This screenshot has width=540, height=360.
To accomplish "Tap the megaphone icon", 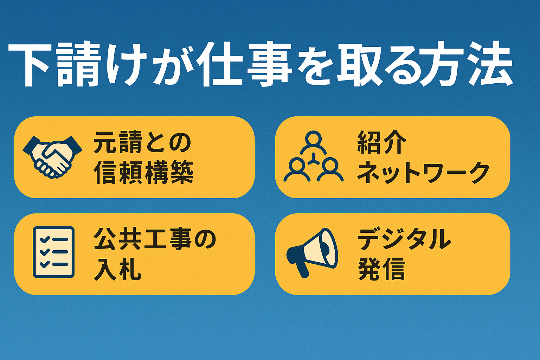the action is [x=312, y=253].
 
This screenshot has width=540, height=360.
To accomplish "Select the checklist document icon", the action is [x=53, y=252].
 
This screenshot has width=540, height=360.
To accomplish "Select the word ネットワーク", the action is [x=423, y=173].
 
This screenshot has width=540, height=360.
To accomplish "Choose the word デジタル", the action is [x=404, y=240].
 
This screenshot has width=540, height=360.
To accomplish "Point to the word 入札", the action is [x=117, y=269].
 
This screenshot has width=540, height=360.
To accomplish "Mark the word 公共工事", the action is [x=143, y=240].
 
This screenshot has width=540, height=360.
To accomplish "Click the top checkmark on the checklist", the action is [x=45, y=239].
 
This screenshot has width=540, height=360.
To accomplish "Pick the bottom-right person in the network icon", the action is [x=330, y=170].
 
